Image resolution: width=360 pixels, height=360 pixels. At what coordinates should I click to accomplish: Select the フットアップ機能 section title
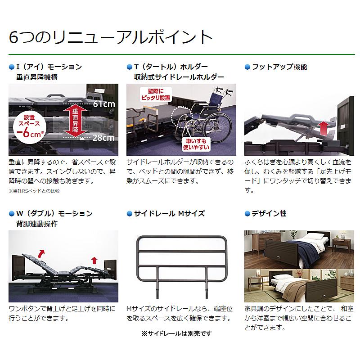279,67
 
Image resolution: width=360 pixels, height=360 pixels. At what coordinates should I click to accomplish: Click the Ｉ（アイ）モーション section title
49,67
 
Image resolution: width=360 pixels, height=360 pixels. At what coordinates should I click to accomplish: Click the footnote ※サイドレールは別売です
176,333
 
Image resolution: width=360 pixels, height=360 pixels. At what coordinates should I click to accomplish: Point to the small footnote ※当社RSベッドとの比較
34,191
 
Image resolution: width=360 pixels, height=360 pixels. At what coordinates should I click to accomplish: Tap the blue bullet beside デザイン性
247,213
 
